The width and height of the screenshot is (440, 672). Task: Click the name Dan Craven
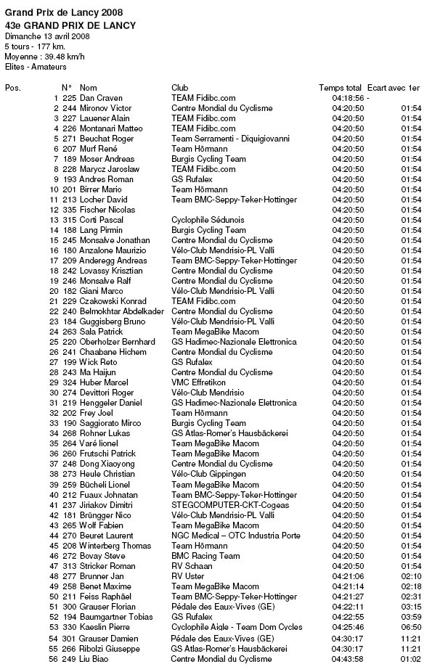point(101,98)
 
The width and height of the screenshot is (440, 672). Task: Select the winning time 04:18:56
point(348,98)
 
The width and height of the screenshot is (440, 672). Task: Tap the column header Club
point(179,88)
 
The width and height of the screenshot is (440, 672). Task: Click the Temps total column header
point(340,88)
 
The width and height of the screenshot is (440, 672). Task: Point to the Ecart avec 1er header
point(394,88)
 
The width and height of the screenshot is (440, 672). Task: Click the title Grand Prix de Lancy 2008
point(64,13)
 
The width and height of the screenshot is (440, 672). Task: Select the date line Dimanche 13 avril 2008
point(47,36)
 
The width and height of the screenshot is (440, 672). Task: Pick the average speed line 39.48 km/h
point(44,56)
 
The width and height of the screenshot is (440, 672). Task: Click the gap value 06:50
point(411,627)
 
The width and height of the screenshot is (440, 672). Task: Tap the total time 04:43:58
point(348,659)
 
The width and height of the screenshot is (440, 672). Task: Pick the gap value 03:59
point(411,617)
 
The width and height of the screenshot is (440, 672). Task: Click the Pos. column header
point(13,88)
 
